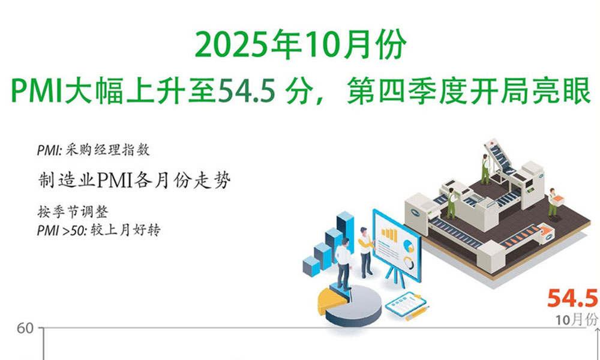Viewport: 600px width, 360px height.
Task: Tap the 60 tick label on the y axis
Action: [x=25, y=329]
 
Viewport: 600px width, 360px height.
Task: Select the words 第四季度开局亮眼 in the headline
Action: [x=469, y=92]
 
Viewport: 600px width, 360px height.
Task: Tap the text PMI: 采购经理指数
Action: [x=94, y=150]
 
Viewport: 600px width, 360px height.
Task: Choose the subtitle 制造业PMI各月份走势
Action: [x=134, y=180]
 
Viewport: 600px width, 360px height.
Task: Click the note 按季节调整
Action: [x=73, y=212]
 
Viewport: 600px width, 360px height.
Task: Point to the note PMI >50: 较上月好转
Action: [x=99, y=230]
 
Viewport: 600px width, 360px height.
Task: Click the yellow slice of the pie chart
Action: [x=332, y=301]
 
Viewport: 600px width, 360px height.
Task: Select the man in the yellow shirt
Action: [x=365, y=252]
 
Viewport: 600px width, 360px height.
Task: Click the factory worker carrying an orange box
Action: [x=553, y=203]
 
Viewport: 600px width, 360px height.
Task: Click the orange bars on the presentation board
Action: [x=389, y=235]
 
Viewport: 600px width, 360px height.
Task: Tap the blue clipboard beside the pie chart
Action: [x=406, y=304]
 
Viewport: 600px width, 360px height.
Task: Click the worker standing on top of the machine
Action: [x=485, y=169]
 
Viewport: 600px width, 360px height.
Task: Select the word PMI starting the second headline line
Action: [x=36, y=93]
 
